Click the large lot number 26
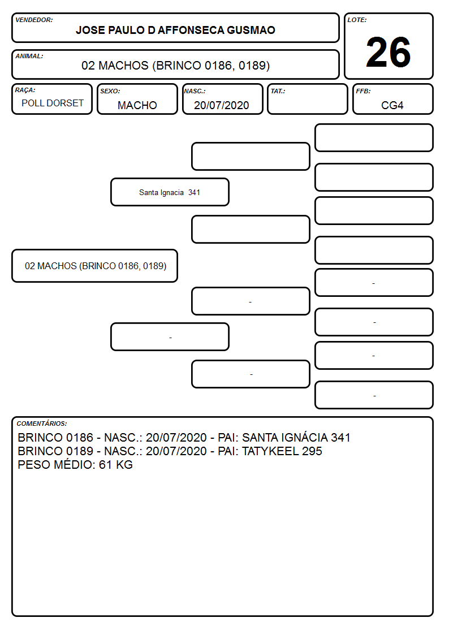point(388,52)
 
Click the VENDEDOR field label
point(34,20)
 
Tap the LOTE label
point(357,20)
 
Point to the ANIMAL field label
point(29,57)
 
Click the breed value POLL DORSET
point(53,103)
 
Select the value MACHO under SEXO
point(137,105)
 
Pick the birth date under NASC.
point(222,105)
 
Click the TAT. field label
point(278,91)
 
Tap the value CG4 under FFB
point(392,105)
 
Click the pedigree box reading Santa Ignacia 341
point(170,192)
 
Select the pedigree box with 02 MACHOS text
point(95,266)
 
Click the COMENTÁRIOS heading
point(42,424)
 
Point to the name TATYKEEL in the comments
point(270,451)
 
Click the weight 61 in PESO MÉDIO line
point(105,464)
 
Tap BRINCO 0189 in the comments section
point(55,451)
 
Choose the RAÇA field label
point(25,90)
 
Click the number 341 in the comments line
point(340,438)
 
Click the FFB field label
point(363,91)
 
